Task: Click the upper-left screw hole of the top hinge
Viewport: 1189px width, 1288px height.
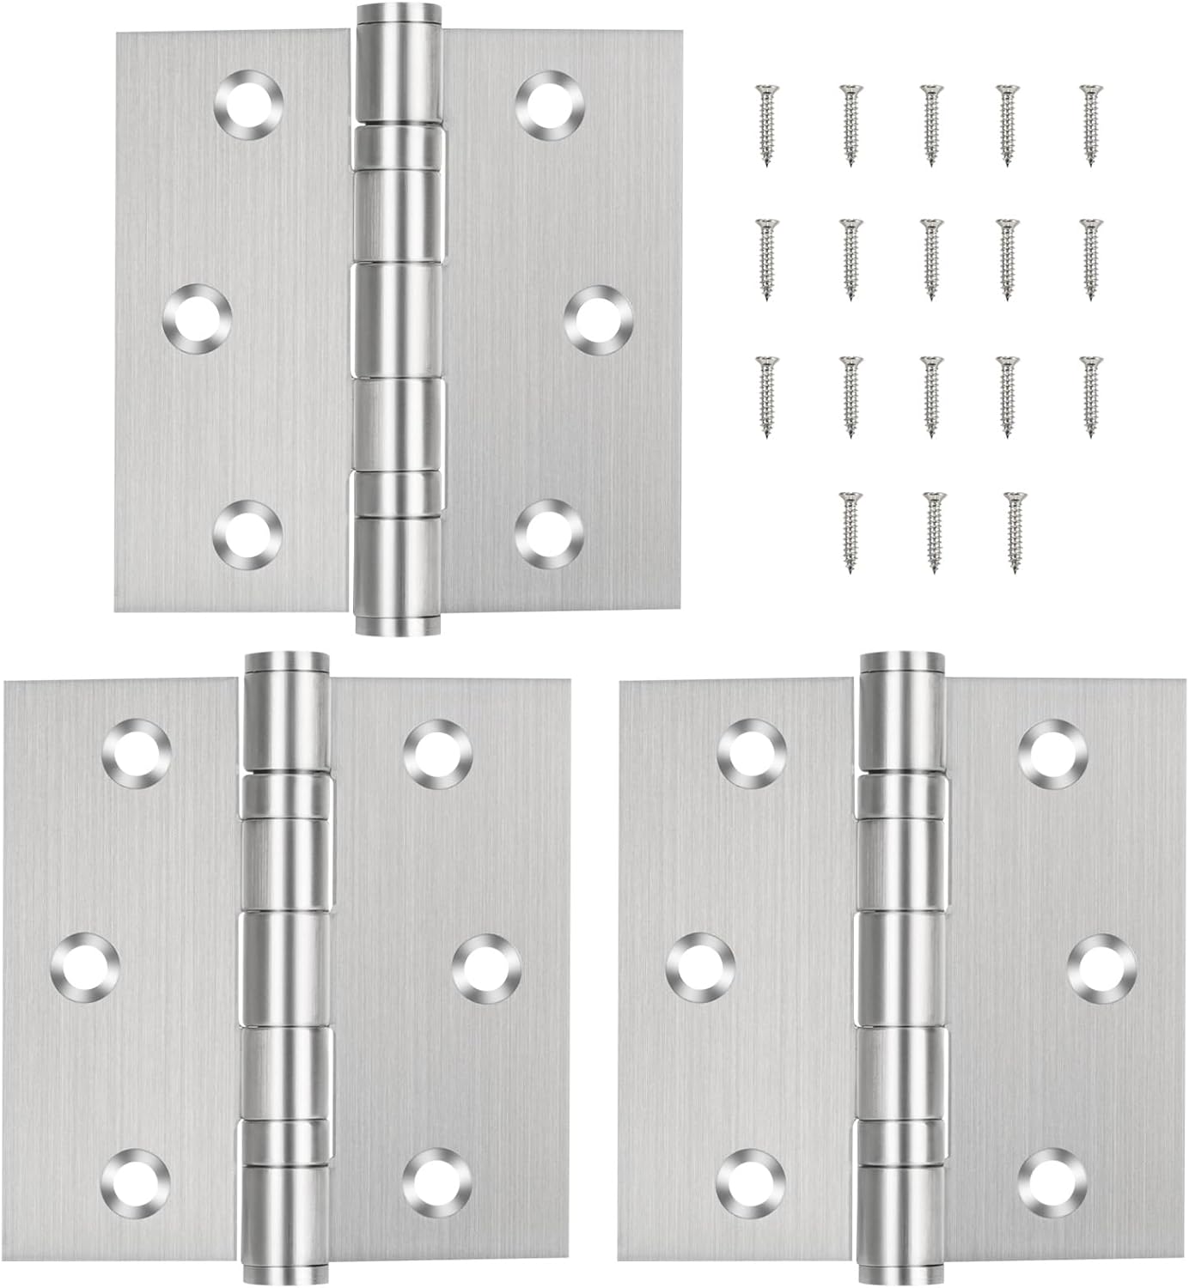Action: [x=248, y=105]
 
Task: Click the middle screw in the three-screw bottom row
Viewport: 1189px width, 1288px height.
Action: [x=931, y=531]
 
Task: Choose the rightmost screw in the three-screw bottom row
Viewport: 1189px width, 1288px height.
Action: [x=1014, y=531]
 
